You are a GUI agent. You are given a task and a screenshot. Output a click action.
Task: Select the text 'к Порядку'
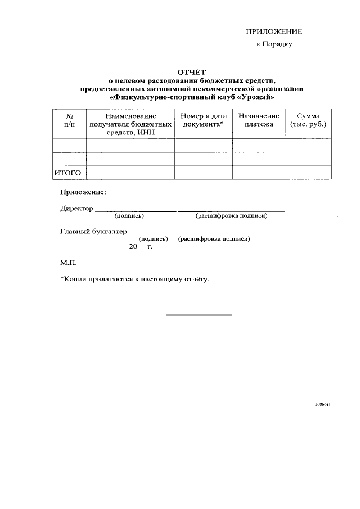[x=273, y=44]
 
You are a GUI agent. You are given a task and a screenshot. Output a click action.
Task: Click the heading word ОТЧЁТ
[x=192, y=73]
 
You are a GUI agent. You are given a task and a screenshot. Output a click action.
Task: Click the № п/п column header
[x=69, y=120]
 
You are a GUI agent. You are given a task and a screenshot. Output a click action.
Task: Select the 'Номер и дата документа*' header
[x=203, y=120]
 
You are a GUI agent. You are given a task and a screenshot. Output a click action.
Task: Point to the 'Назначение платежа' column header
[x=258, y=120]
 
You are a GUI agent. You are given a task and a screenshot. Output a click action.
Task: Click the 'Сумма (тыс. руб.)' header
[x=307, y=120]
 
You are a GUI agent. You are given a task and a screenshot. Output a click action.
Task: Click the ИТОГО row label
[x=67, y=173]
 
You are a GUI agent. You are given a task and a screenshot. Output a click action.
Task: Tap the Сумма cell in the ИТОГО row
[x=307, y=173]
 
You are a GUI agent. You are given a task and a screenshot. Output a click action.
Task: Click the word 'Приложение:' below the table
[x=83, y=192]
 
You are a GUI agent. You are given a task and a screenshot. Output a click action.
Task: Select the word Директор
[x=76, y=208]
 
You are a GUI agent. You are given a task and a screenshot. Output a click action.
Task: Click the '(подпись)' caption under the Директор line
[x=129, y=215]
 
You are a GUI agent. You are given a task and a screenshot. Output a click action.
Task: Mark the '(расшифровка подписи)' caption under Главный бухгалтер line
[x=214, y=239]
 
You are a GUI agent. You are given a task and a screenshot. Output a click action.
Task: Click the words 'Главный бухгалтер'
[x=93, y=231]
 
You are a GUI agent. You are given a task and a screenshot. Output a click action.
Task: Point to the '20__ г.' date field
[x=141, y=246]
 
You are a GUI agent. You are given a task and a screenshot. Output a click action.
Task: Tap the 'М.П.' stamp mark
[x=68, y=263]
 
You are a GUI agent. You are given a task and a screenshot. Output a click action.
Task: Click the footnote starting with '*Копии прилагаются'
[x=134, y=279]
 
